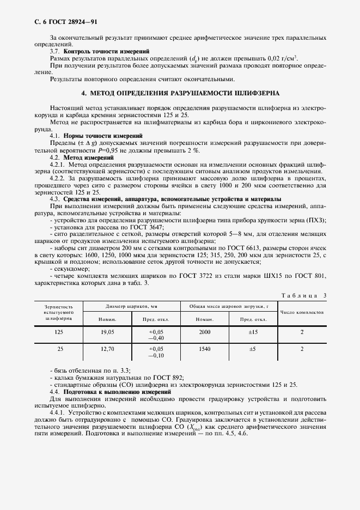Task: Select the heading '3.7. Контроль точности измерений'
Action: pos(100,51)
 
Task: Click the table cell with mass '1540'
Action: pos(205,348)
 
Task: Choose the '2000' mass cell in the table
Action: pos(205,331)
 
